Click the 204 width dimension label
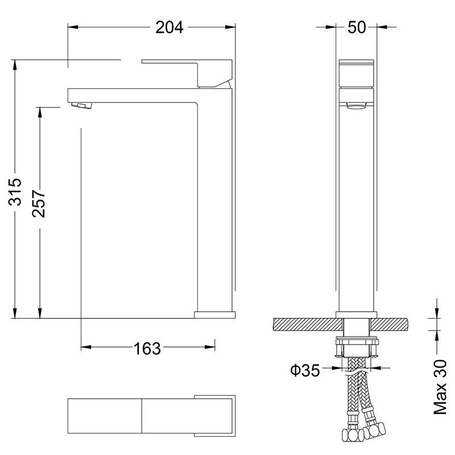point(169,27)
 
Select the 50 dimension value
point(357,27)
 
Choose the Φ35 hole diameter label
point(304,371)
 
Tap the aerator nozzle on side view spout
point(80,105)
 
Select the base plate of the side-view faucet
point(214,314)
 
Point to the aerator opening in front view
point(357,105)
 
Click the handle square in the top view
point(216,413)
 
